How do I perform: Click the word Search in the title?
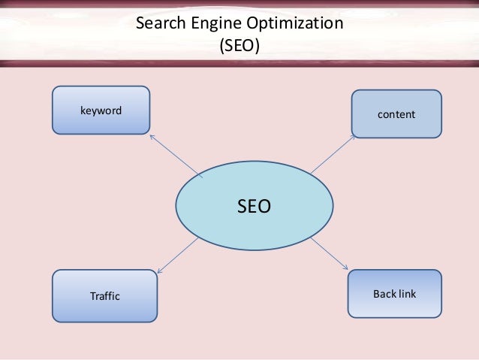pyautogui.click(x=159, y=23)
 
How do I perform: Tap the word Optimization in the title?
pyautogui.click(x=290, y=23)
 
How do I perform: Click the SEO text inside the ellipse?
pyautogui.click(x=254, y=206)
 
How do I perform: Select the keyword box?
pyautogui.click(x=101, y=110)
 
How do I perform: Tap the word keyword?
pyautogui.click(x=101, y=110)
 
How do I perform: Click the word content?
pyautogui.click(x=396, y=114)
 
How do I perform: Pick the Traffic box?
pyautogui.click(x=104, y=295)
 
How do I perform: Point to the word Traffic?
pyautogui.click(x=104, y=296)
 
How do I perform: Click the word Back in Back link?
pyautogui.click(x=384, y=292)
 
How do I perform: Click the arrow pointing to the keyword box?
pyautogui.click(x=176, y=156)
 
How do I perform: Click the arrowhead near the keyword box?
pyautogui.click(x=152, y=137)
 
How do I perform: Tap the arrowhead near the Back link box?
pyautogui.click(x=346, y=268)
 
